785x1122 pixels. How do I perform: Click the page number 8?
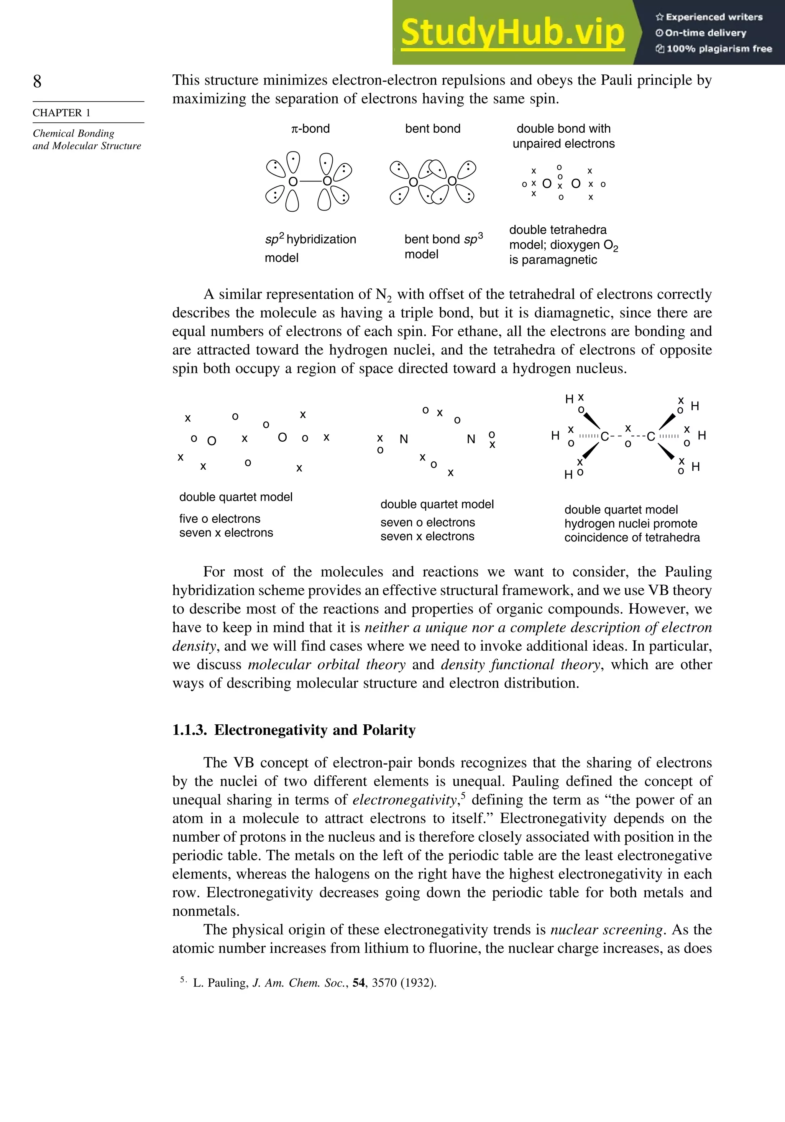point(37,81)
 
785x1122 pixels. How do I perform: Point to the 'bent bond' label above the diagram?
point(432,128)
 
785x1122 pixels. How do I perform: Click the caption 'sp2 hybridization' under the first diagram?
point(311,239)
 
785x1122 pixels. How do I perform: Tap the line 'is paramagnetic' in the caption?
point(553,260)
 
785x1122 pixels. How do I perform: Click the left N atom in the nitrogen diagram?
point(404,439)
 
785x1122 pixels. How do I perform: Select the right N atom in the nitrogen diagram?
point(471,439)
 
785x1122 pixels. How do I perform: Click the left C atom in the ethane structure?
point(605,437)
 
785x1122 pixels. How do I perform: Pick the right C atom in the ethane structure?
point(651,437)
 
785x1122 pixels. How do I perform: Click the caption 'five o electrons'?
point(219,518)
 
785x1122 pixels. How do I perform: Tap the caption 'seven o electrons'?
point(427,522)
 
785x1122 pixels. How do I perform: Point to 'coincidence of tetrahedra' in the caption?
point(632,538)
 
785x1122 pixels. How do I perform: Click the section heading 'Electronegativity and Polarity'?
point(315,730)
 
